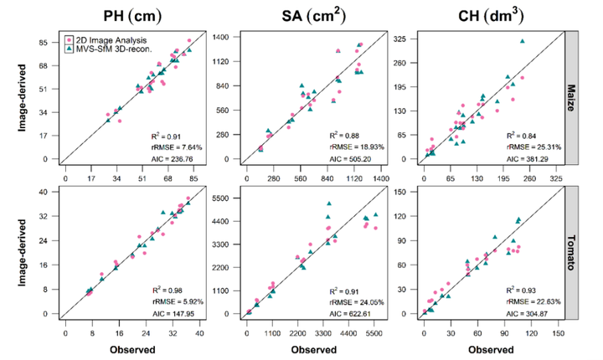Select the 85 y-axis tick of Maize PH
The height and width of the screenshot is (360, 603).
pyautogui.click(x=48, y=40)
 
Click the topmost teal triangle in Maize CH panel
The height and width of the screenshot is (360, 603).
pyautogui.click(x=522, y=41)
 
